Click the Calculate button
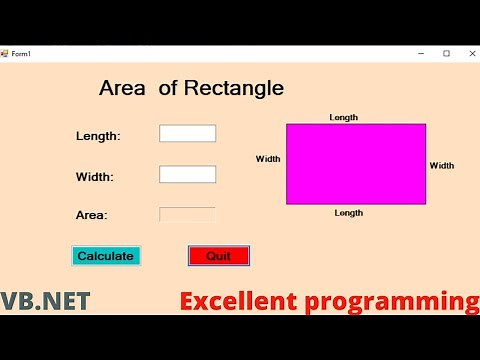(x=105, y=256)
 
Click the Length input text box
(x=187, y=134)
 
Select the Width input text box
(x=187, y=175)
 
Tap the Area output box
(x=187, y=214)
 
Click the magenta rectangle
(x=356, y=164)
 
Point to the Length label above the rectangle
(x=344, y=118)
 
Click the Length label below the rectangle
(x=349, y=213)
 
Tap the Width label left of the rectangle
(x=268, y=159)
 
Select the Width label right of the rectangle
(x=442, y=166)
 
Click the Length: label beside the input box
(x=98, y=136)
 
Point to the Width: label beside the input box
(x=95, y=177)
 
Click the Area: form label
(x=92, y=215)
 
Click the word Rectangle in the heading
(x=234, y=88)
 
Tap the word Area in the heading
(x=122, y=88)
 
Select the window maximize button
(x=446, y=53)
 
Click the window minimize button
(x=421, y=53)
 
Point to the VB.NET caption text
(x=45, y=301)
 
